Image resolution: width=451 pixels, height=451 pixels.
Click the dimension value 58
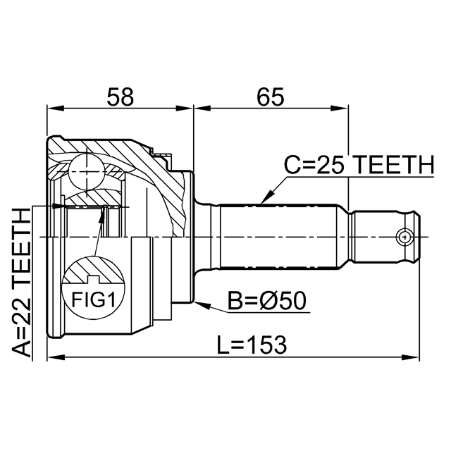121,97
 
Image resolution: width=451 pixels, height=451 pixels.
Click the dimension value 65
271,97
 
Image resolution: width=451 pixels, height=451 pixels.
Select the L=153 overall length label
252,345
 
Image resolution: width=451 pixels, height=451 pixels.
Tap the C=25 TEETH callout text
359,165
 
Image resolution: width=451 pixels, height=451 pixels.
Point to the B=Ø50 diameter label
267,301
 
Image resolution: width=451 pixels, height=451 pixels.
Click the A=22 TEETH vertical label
21,283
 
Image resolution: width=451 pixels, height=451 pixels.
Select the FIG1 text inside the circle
93,299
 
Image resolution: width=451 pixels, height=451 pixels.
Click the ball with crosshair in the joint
86,172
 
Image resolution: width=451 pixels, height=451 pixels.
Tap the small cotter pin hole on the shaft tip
404,237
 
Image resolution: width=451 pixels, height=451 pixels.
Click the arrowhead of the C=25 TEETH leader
266,197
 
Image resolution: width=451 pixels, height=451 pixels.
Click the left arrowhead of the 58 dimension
55,109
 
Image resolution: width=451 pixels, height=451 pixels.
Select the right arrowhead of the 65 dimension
340,109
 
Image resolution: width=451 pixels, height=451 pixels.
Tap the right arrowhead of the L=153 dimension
411,357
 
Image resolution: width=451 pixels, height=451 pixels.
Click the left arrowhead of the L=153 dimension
56,357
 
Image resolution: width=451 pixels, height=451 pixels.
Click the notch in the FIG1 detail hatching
93,278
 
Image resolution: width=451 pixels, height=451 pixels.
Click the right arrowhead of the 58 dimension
183,109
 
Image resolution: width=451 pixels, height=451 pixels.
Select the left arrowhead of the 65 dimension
202,109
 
